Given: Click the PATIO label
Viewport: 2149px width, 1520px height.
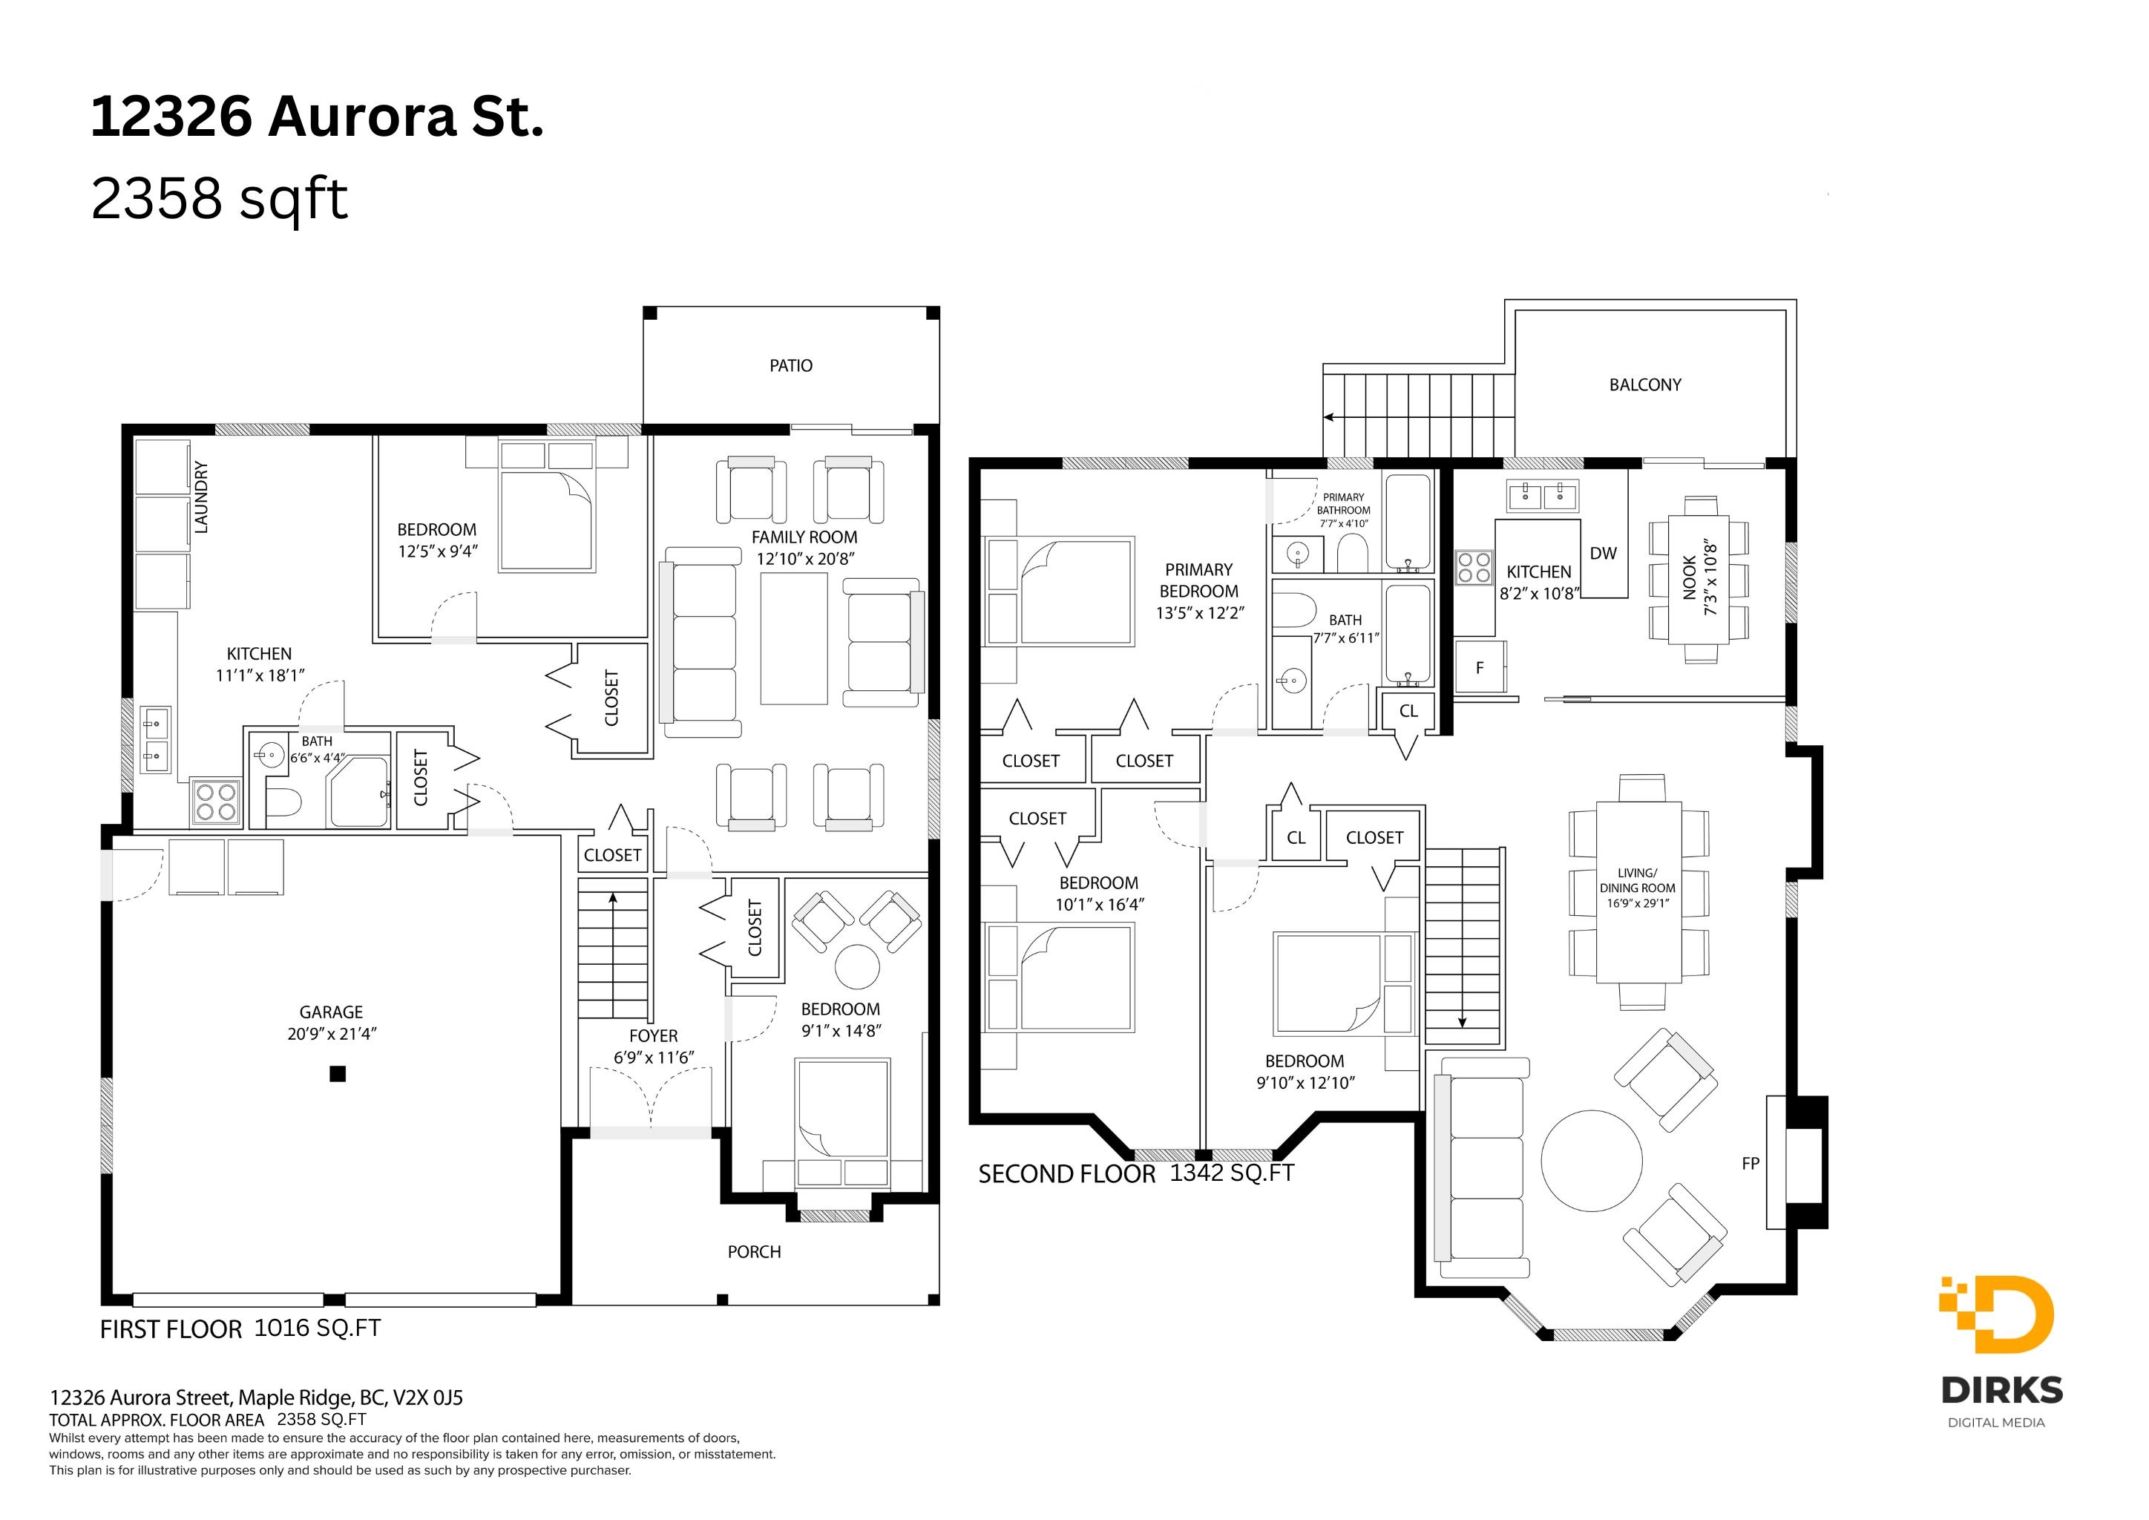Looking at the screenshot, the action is pyautogui.click(x=791, y=366).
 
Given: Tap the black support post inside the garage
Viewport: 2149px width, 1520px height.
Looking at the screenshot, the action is pyautogui.click(x=338, y=1075).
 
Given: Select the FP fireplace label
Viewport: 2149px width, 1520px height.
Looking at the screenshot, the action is pyautogui.click(x=1751, y=1164).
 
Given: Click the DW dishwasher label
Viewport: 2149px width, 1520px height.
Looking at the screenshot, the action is pyautogui.click(x=1604, y=553).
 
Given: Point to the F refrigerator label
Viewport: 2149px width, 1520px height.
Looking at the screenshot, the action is pyautogui.click(x=1480, y=668).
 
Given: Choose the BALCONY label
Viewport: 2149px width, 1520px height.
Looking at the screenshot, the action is pyautogui.click(x=1645, y=384).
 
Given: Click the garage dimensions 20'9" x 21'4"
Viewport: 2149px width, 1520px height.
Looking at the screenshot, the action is pyautogui.click(x=332, y=1034).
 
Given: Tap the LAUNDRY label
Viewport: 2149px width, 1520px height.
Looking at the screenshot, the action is pyautogui.click(x=200, y=497).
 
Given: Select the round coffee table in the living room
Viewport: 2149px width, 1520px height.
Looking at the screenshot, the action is pyautogui.click(x=1591, y=1161).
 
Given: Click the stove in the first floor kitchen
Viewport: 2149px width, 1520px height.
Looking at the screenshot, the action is pyautogui.click(x=216, y=802).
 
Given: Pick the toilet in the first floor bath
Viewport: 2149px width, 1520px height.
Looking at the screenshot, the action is pyautogui.click(x=283, y=803).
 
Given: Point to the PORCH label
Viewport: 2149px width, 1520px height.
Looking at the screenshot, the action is pyautogui.click(x=755, y=1252).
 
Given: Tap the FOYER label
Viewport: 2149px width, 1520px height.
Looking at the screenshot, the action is pyautogui.click(x=653, y=1036).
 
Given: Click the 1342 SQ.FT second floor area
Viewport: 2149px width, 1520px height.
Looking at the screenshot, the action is pyautogui.click(x=1232, y=1173).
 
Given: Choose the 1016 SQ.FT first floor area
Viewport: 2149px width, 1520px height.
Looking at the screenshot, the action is pyautogui.click(x=318, y=1328).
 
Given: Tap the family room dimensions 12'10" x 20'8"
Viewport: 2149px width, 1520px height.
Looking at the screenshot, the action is pyautogui.click(x=805, y=560).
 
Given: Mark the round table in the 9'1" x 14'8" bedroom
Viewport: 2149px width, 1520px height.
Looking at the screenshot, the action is pyautogui.click(x=857, y=967).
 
